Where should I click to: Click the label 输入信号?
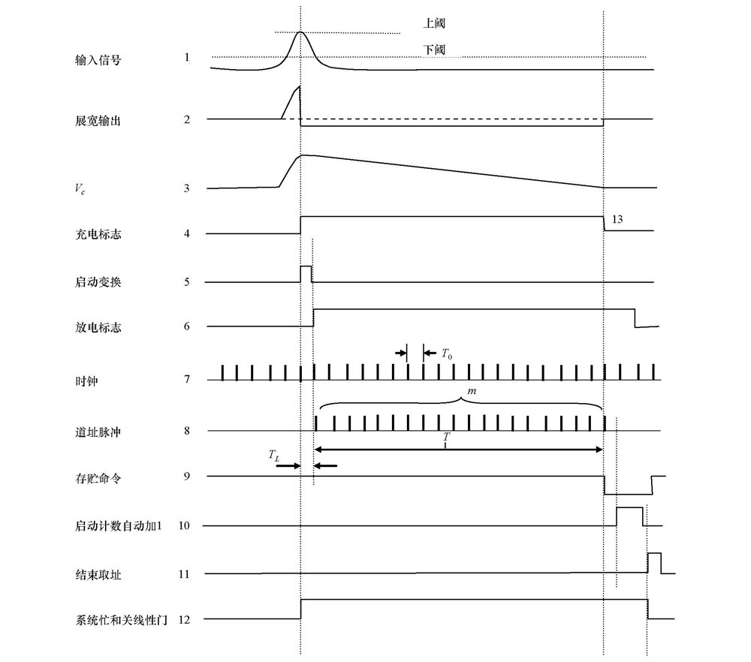coord(98,60)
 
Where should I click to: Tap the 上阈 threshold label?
coord(434,23)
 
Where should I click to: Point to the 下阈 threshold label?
coord(434,50)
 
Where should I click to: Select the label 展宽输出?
coord(98,121)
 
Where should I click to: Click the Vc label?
coord(80,188)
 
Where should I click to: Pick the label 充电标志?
coord(98,234)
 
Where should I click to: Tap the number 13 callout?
coord(617,219)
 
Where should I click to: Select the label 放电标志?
coord(98,327)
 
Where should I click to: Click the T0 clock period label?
coord(446,354)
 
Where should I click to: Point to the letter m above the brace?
coord(472,391)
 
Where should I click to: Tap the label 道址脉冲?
coord(98,432)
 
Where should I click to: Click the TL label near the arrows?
coord(273,455)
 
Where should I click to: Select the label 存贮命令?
coord(98,478)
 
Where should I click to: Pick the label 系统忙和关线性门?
coord(122,621)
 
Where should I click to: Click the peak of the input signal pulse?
coord(300,32)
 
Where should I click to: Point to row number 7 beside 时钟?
coord(187,379)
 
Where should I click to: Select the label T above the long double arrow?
coord(446,437)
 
